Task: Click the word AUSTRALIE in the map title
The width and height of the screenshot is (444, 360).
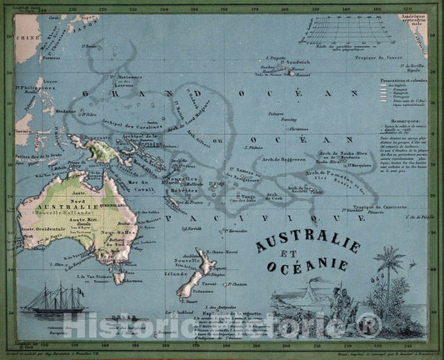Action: [307, 244]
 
